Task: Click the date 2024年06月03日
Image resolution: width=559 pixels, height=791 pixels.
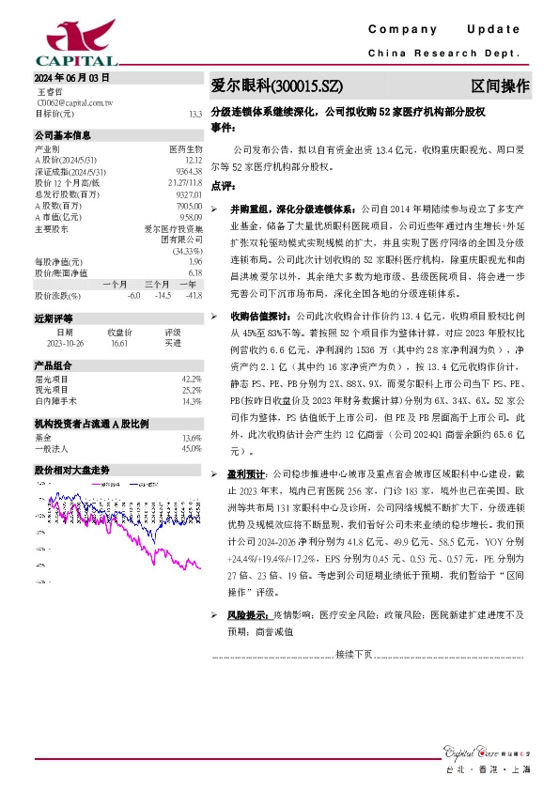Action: tap(65, 78)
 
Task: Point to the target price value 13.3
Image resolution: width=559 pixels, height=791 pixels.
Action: tap(195, 114)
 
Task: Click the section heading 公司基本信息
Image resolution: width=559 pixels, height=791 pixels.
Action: tap(63, 135)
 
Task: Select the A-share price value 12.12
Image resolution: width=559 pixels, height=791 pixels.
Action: tap(193, 159)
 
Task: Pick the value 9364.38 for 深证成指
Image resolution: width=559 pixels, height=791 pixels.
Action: tap(189, 170)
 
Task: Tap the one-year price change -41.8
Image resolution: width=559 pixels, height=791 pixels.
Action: tap(194, 296)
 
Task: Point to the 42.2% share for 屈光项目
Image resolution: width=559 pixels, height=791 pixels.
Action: tap(192, 379)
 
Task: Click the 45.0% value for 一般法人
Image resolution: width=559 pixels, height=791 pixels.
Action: tap(192, 448)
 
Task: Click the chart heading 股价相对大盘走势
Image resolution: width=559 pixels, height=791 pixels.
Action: tap(72, 469)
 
